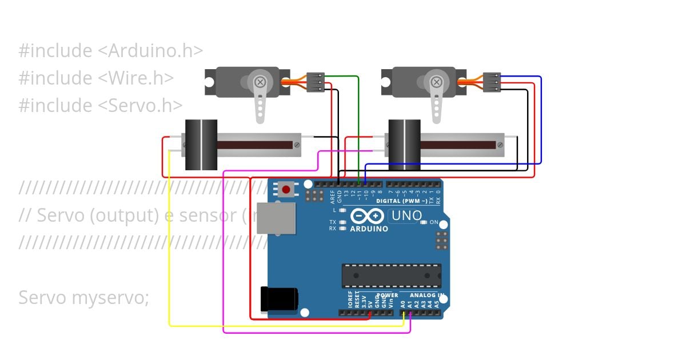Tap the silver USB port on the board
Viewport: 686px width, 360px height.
[x=276, y=218]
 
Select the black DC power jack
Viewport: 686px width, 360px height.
[x=278, y=299]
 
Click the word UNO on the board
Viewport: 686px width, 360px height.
[x=405, y=216]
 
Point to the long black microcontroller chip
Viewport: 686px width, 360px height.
[x=391, y=275]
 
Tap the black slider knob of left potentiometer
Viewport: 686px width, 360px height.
[x=201, y=145]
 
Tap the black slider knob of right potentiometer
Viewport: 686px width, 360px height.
[x=404, y=145]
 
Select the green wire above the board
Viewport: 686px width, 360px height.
[x=358, y=126]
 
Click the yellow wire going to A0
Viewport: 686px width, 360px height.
[x=169, y=246]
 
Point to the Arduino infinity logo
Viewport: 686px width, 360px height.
[x=366, y=217]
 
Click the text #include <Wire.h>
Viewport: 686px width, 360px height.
[x=96, y=78]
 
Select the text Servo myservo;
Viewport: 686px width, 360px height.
[x=83, y=297]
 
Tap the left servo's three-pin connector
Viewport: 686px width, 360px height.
[x=316, y=82]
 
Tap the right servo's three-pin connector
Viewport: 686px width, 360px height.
[x=492, y=82]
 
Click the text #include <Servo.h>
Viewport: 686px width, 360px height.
[x=101, y=105]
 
